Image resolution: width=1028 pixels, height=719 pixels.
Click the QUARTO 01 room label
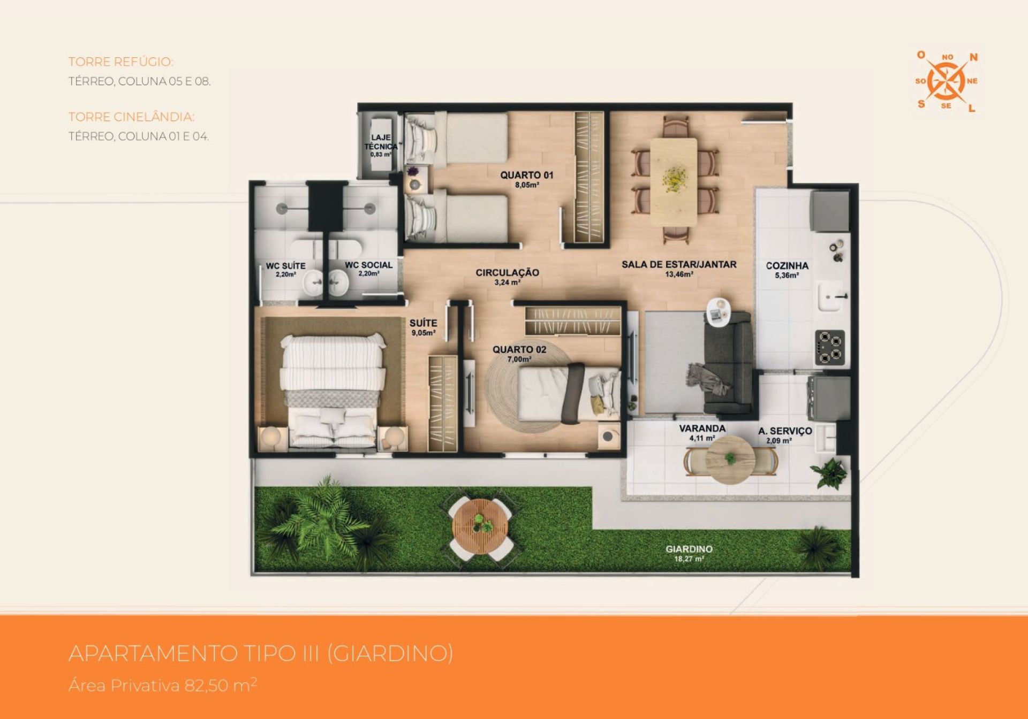(526, 175)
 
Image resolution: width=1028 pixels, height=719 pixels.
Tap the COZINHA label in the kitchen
(787, 265)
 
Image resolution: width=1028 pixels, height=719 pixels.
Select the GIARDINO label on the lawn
(689, 549)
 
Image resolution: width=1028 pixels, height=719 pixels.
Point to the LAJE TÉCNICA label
(381, 142)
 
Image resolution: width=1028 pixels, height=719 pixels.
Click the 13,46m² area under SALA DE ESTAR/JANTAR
(679, 274)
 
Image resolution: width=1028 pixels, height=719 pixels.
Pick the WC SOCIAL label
(368, 265)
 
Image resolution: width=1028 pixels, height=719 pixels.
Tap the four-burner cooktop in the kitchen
(830, 347)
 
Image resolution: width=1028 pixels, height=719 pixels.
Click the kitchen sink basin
(834, 296)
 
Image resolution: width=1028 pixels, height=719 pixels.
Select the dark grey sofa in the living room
(727, 363)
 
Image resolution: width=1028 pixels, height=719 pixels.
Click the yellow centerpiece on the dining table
(674, 176)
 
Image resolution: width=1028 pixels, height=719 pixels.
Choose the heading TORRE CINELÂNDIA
(131, 117)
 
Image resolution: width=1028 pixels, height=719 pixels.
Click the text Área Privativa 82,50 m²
(163, 685)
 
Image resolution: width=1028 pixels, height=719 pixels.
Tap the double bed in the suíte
(332, 391)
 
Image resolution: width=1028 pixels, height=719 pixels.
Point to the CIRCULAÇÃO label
(507, 272)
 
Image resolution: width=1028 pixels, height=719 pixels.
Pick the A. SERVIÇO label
(785, 431)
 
